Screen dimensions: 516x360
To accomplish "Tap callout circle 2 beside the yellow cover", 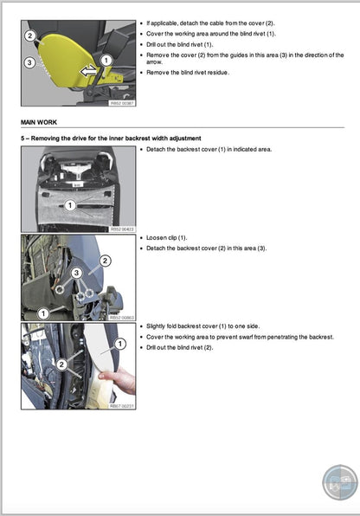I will coord(29,36).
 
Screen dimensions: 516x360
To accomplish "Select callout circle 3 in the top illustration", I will coord(29,63).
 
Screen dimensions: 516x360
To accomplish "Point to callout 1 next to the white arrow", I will coord(106,61).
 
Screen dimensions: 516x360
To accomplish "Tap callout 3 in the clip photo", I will coord(76,274).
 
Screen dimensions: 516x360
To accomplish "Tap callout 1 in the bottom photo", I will coord(120,345).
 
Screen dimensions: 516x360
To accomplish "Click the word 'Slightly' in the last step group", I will coord(157,326).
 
